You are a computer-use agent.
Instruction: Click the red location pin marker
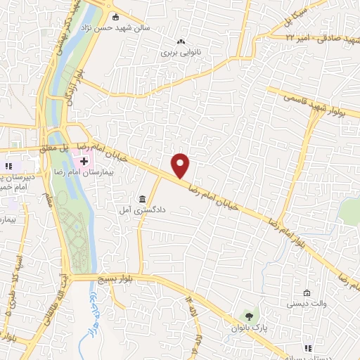coord(181,165)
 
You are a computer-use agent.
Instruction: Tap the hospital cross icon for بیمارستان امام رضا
coord(94,161)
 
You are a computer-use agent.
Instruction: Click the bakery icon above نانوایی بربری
coord(182,40)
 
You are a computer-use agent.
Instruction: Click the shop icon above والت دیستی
coord(306,292)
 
